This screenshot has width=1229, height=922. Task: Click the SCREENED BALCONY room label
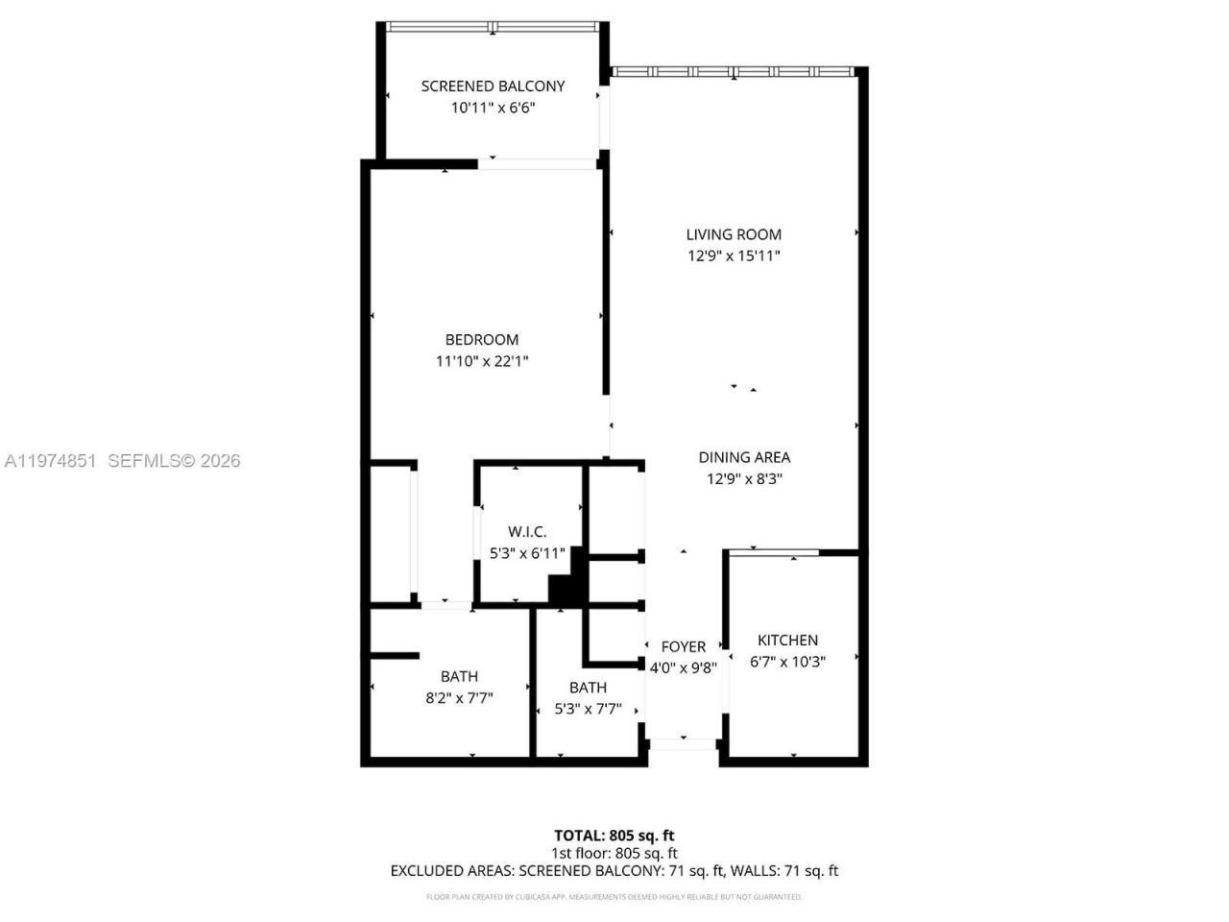[493, 86]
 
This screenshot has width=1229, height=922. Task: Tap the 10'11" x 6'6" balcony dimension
[493, 108]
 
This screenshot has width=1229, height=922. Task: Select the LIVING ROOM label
[734, 234]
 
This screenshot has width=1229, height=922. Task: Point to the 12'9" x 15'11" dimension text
[734, 255]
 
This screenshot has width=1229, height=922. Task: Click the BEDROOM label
[482, 340]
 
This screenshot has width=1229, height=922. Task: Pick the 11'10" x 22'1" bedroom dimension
[482, 361]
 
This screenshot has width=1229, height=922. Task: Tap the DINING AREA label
[744, 458]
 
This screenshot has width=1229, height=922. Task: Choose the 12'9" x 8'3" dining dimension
[744, 479]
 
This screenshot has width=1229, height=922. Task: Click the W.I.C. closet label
[527, 532]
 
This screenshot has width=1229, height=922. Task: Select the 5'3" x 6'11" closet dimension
[527, 553]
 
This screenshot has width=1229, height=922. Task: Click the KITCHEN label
[787, 641]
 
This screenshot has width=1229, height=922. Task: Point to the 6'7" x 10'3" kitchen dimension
[787, 662]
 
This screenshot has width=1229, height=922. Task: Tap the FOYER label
[683, 647]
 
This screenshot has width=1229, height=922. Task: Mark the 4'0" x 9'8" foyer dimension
[683, 667]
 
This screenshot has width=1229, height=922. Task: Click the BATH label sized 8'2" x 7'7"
[459, 677]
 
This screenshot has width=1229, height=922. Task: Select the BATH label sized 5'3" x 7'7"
[588, 688]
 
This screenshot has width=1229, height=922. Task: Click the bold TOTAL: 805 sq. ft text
[614, 836]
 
